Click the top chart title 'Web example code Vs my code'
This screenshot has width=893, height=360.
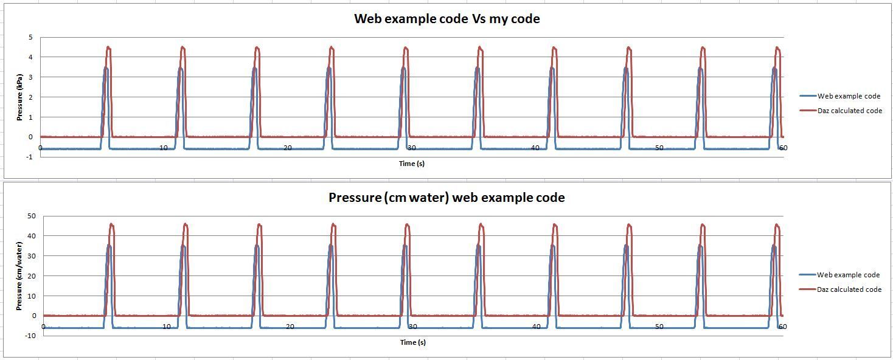pyautogui.click(x=446, y=19)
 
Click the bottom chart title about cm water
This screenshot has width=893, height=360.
pyautogui.click(x=446, y=198)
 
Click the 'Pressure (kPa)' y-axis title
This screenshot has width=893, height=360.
pyautogui.click(x=19, y=97)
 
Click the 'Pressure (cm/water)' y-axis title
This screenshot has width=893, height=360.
pyautogui.click(x=19, y=275)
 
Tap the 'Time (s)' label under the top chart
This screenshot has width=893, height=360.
pyautogui.click(x=412, y=164)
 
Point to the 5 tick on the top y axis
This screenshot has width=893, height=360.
pyautogui.click(x=30, y=37)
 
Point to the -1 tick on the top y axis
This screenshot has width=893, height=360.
pyautogui.click(x=29, y=157)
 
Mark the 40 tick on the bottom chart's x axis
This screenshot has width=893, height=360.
pyautogui.click(x=536, y=327)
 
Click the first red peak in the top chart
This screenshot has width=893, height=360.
pyautogui.click(x=108, y=47)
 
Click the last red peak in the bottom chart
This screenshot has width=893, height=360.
pyautogui.click(x=777, y=225)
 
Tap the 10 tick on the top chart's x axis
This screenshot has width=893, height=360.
pyautogui.click(x=164, y=148)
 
